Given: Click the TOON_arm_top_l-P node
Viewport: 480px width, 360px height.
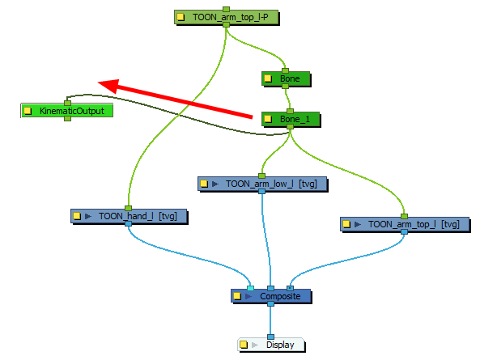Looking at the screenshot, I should (x=226, y=16).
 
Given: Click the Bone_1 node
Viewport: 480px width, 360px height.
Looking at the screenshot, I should (x=289, y=119).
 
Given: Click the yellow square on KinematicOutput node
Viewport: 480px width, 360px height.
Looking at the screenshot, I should (x=28, y=111).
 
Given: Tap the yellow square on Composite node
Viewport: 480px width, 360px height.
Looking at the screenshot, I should (x=238, y=297).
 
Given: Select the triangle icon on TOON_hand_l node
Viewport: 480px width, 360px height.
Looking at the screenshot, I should (x=87, y=217).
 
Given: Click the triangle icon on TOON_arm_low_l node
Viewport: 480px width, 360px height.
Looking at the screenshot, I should (x=215, y=184).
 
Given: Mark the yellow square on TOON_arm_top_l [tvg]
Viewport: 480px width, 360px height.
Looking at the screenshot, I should (x=346, y=223).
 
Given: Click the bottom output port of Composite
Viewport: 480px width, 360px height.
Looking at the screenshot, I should (x=271, y=307).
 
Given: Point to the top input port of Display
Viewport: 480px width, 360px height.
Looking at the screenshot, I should (x=270, y=337).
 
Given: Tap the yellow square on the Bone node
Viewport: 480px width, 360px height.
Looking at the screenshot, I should (x=269, y=79).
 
